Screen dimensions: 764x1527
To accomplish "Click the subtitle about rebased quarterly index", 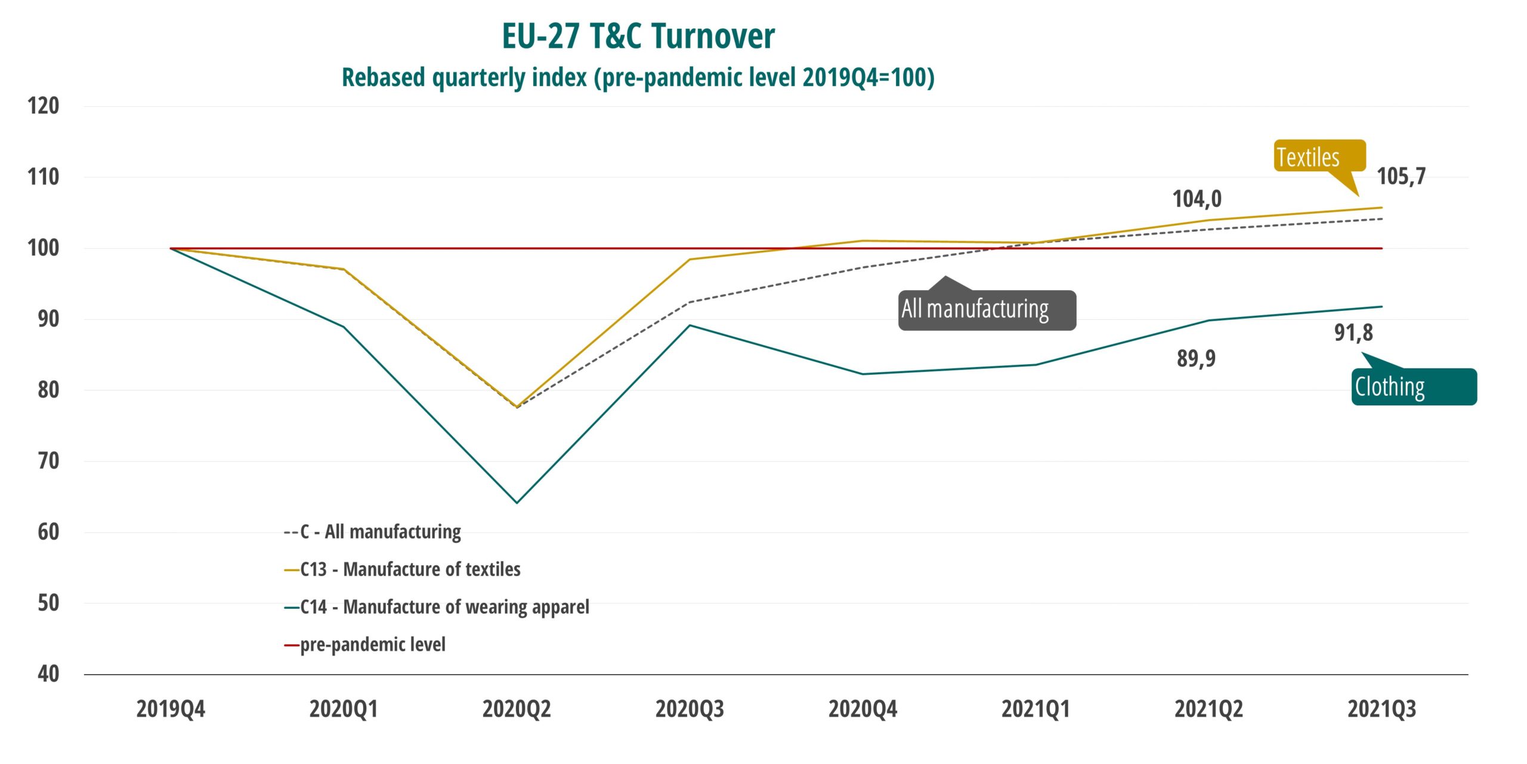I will (638, 78).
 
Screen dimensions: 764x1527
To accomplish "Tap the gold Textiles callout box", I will (1319, 156).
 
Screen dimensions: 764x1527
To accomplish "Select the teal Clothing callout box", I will (1414, 387).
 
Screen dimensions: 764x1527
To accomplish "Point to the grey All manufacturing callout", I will (987, 310).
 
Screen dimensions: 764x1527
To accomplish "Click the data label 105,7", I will (1401, 176).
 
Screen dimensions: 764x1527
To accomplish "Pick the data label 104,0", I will (1197, 199).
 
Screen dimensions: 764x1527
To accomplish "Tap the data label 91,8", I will (1353, 332).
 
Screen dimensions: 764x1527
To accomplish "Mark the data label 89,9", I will (1196, 358).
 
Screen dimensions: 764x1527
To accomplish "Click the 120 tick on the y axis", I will (43, 106).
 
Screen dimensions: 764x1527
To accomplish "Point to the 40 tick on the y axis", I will (48, 674).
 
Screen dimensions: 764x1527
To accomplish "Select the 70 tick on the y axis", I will (48, 461).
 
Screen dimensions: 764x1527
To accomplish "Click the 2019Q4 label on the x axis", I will (171, 709).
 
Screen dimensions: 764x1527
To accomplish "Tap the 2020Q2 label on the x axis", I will (517, 709).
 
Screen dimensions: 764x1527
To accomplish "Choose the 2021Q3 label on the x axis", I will (1381, 709).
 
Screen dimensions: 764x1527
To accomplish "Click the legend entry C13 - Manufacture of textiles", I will (410, 569).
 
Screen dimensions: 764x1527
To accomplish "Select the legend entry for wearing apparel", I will (444, 607).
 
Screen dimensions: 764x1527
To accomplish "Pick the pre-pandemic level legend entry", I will (372, 645).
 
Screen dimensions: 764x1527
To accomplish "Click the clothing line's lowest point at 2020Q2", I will (517, 503).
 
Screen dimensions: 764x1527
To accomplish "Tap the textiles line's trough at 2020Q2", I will (517, 406).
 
